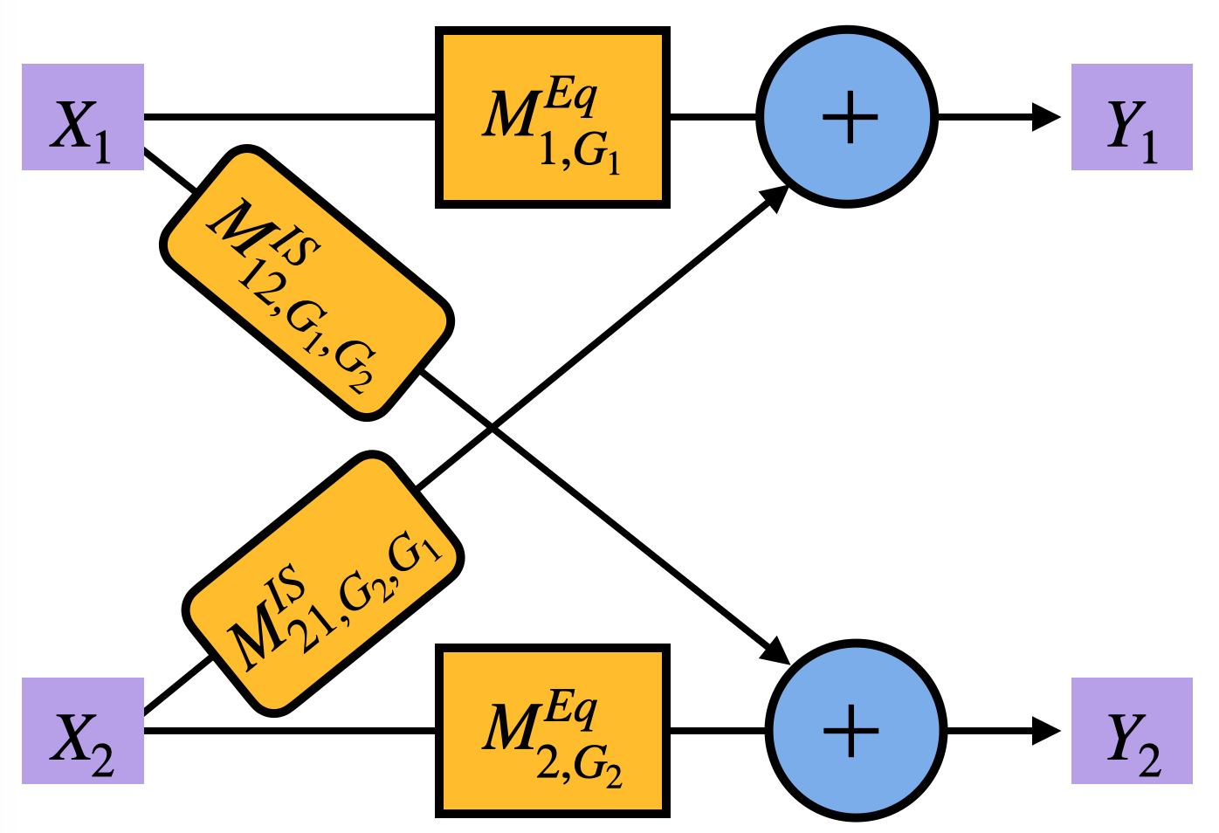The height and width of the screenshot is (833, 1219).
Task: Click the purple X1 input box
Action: [x=82, y=117]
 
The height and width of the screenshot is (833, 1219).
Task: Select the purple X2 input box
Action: [x=82, y=731]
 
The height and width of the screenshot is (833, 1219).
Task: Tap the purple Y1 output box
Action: [x=1132, y=117]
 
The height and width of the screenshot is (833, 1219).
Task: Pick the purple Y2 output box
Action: [x=1132, y=731]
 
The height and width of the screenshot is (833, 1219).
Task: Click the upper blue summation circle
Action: [x=847, y=117]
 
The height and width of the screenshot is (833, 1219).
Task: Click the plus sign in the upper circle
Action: [x=850, y=117]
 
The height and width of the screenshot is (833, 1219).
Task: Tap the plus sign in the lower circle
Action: [x=851, y=731]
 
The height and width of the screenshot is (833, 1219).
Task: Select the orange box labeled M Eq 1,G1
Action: [x=552, y=118]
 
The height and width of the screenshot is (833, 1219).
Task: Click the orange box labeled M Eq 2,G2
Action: [x=552, y=731]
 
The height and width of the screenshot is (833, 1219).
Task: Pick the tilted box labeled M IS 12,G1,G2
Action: [x=306, y=282]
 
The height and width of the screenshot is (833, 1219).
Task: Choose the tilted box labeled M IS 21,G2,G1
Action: [x=322, y=583]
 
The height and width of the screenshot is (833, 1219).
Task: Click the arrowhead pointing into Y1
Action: [x=1046, y=117]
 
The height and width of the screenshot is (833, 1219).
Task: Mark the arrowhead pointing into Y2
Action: [x=1046, y=731]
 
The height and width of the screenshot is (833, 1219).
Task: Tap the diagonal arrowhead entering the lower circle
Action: [x=775, y=651]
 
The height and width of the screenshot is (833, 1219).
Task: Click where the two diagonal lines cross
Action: [x=492, y=427]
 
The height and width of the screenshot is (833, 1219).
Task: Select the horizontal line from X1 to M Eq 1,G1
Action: [x=288, y=116]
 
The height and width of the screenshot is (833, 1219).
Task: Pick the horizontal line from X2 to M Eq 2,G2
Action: [x=288, y=731]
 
